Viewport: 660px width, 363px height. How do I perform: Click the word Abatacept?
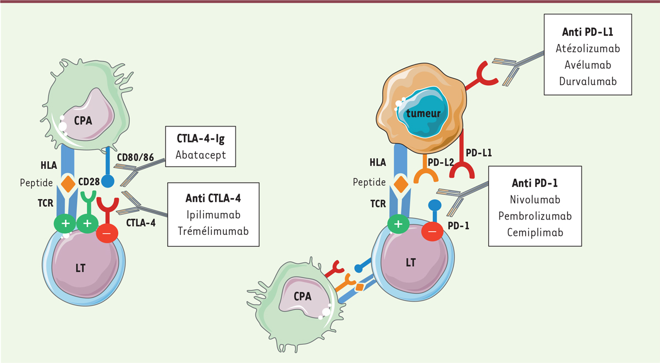pyautogui.click(x=201, y=155)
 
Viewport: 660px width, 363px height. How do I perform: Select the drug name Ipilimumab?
pyautogui.click(x=213, y=215)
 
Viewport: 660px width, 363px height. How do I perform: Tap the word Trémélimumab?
pyautogui.click(x=213, y=231)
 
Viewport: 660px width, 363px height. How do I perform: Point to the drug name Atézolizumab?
pyautogui.click(x=588, y=48)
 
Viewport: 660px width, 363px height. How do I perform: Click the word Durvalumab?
pyautogui.click(x=588, y=81)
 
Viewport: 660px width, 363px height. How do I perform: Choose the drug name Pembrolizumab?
pyautogui.click(x=535, y=216)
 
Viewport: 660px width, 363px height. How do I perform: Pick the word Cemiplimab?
pyautogui.click(x=535, y=233)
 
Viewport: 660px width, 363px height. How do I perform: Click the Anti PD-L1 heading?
pyautogui.click(x=588, y=32)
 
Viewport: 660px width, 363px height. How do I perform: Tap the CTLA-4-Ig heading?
pyautogui.click(x=201, y=139)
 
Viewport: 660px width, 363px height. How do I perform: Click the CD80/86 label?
pyautogui.click(x=135, y=157)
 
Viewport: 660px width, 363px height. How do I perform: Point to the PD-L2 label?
pyautogui.click(x=441, y=162)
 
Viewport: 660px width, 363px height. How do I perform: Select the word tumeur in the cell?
pyautogui.click(x=424, y=113)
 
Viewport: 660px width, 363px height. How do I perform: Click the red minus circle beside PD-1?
pyautogui.click(x=432, y=232)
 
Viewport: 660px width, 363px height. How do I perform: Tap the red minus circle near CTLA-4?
pyautogui.click(x=107, y=233)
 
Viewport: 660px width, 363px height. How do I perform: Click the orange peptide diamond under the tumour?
pyautogui.click(x=401, y=184)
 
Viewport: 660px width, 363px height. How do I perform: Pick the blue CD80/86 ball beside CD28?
pyautogui.click(x=108, y=181)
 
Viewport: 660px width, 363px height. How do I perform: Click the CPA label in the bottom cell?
pyautogui.click(x=302, y=296)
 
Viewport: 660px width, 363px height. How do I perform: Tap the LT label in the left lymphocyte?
pyautogui.click(x=80, y=268)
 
